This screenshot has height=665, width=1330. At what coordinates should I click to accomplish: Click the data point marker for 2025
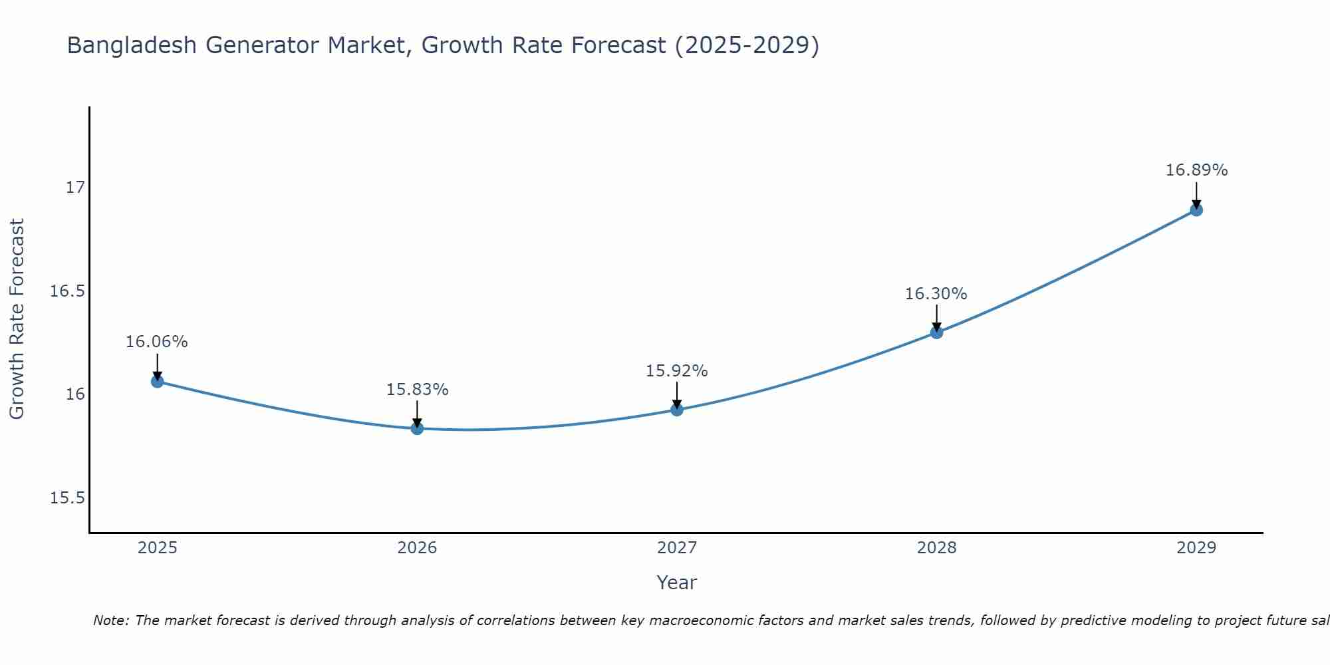pos(157,381)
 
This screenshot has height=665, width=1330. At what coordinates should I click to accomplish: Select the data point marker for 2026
pos(417,428)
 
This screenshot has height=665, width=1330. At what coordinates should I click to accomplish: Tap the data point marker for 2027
pos(677,410)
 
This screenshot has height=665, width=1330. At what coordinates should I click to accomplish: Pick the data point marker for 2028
pos(936,332)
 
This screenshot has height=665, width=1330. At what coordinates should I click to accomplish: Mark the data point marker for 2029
pos(1196,210)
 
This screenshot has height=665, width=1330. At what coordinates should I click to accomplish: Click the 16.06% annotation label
pos(157,342)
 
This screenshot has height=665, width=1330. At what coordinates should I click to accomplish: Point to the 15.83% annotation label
pos(417,390)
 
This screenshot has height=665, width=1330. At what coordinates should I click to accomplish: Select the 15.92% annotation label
pos(677,371)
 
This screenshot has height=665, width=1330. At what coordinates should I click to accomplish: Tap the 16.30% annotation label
pos(936,294)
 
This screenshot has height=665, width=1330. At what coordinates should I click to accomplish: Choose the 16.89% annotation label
pos(1196,170)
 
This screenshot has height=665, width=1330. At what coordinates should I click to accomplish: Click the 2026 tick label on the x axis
pos(417,548)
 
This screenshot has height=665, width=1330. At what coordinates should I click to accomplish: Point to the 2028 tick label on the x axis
pos(936,548)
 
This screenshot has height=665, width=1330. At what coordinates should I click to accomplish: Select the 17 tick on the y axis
pos(75,188)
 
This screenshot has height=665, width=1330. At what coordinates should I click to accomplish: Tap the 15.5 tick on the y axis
pos(68,498)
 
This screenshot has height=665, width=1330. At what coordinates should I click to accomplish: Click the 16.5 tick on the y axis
pos(68,291)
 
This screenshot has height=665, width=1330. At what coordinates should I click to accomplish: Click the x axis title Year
pos(676,583)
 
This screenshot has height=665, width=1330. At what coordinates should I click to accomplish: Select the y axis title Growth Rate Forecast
pos(17,319)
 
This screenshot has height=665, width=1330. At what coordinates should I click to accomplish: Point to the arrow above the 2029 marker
pos(1196,194)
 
